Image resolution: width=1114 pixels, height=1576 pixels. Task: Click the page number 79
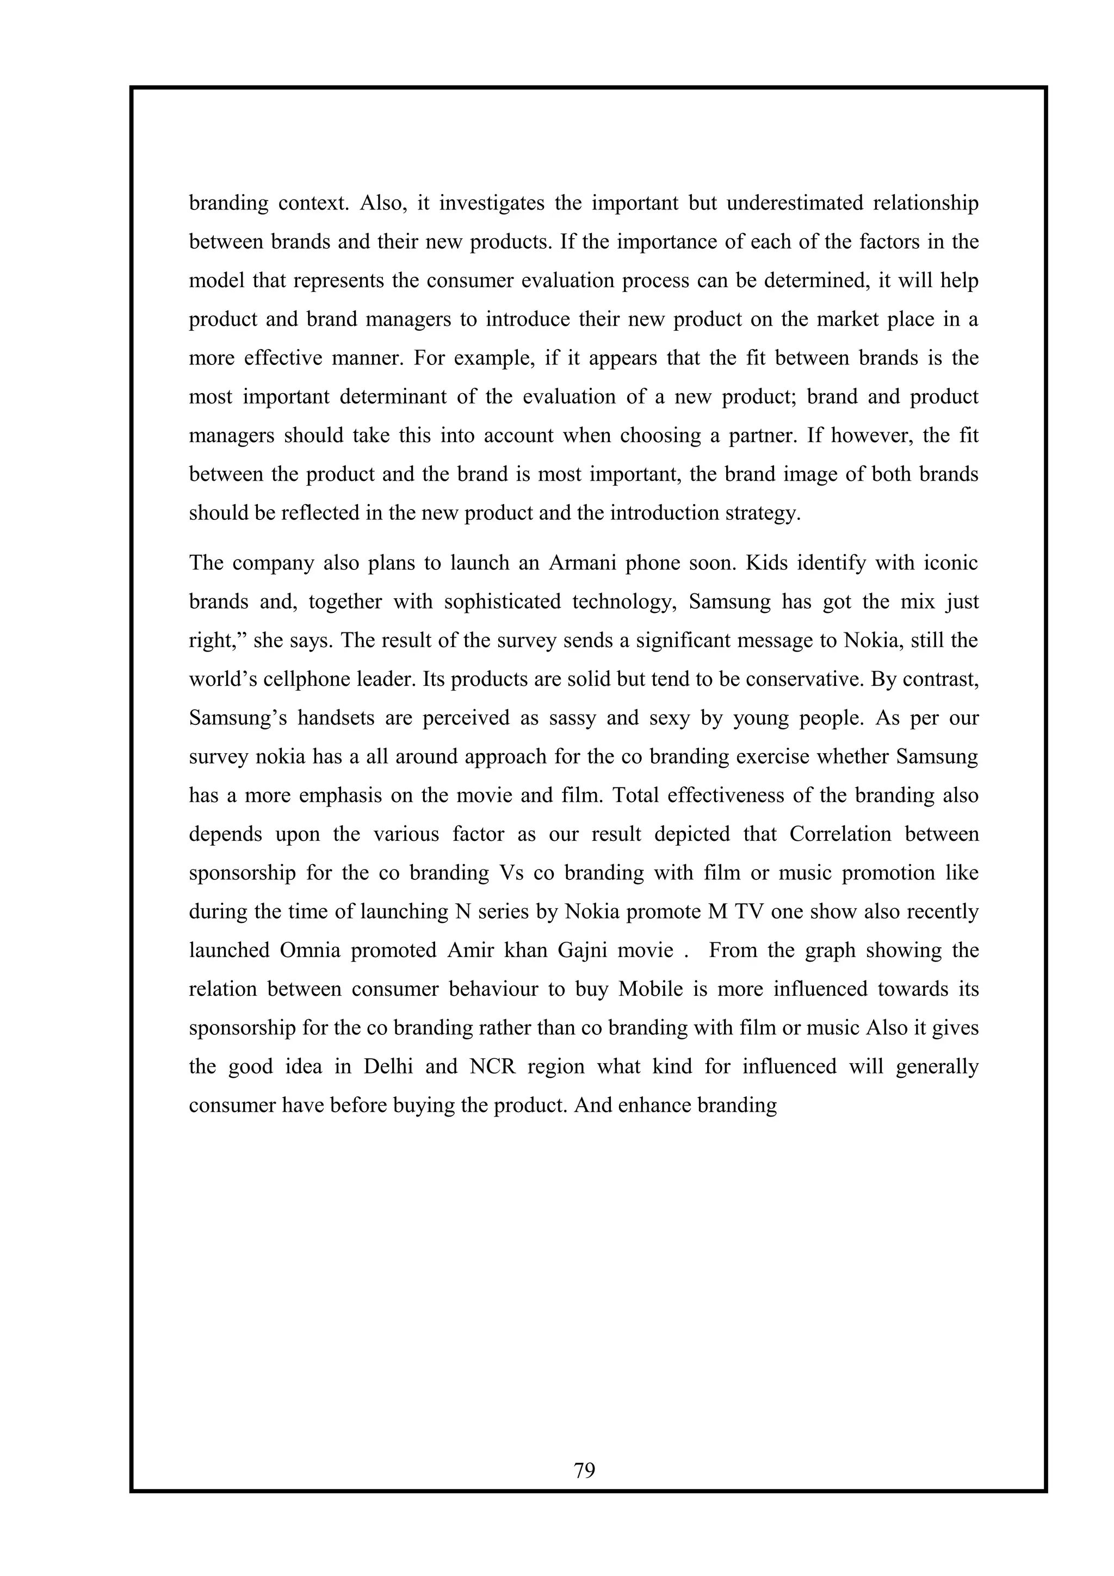point(584,1470)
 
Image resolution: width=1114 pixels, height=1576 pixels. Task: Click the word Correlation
point(841,834)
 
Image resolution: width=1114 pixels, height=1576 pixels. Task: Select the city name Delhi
point(388,1066)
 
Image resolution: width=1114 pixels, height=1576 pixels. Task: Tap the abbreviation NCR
point(492,1066)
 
